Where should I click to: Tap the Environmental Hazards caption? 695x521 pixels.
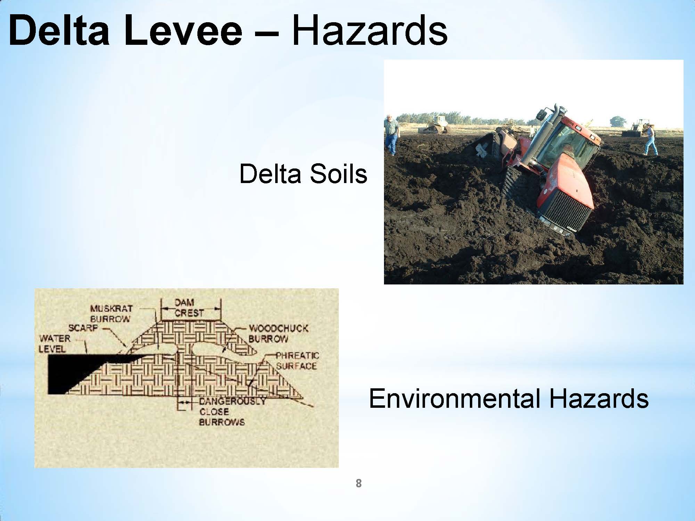tap(508, 398)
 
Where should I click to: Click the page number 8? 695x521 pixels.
tap(359, 483)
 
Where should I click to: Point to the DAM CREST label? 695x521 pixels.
tap(189, 308)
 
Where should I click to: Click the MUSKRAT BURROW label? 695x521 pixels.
tap(111, 314)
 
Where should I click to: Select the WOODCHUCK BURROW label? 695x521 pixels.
tap(278, 333)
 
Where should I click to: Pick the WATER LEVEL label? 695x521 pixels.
tap(55, 344)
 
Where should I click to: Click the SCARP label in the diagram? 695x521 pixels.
tap(82, 328)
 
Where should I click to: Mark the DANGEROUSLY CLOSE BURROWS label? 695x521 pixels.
tap(232, 412)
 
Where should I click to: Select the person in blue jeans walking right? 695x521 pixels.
tap(650, 140)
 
